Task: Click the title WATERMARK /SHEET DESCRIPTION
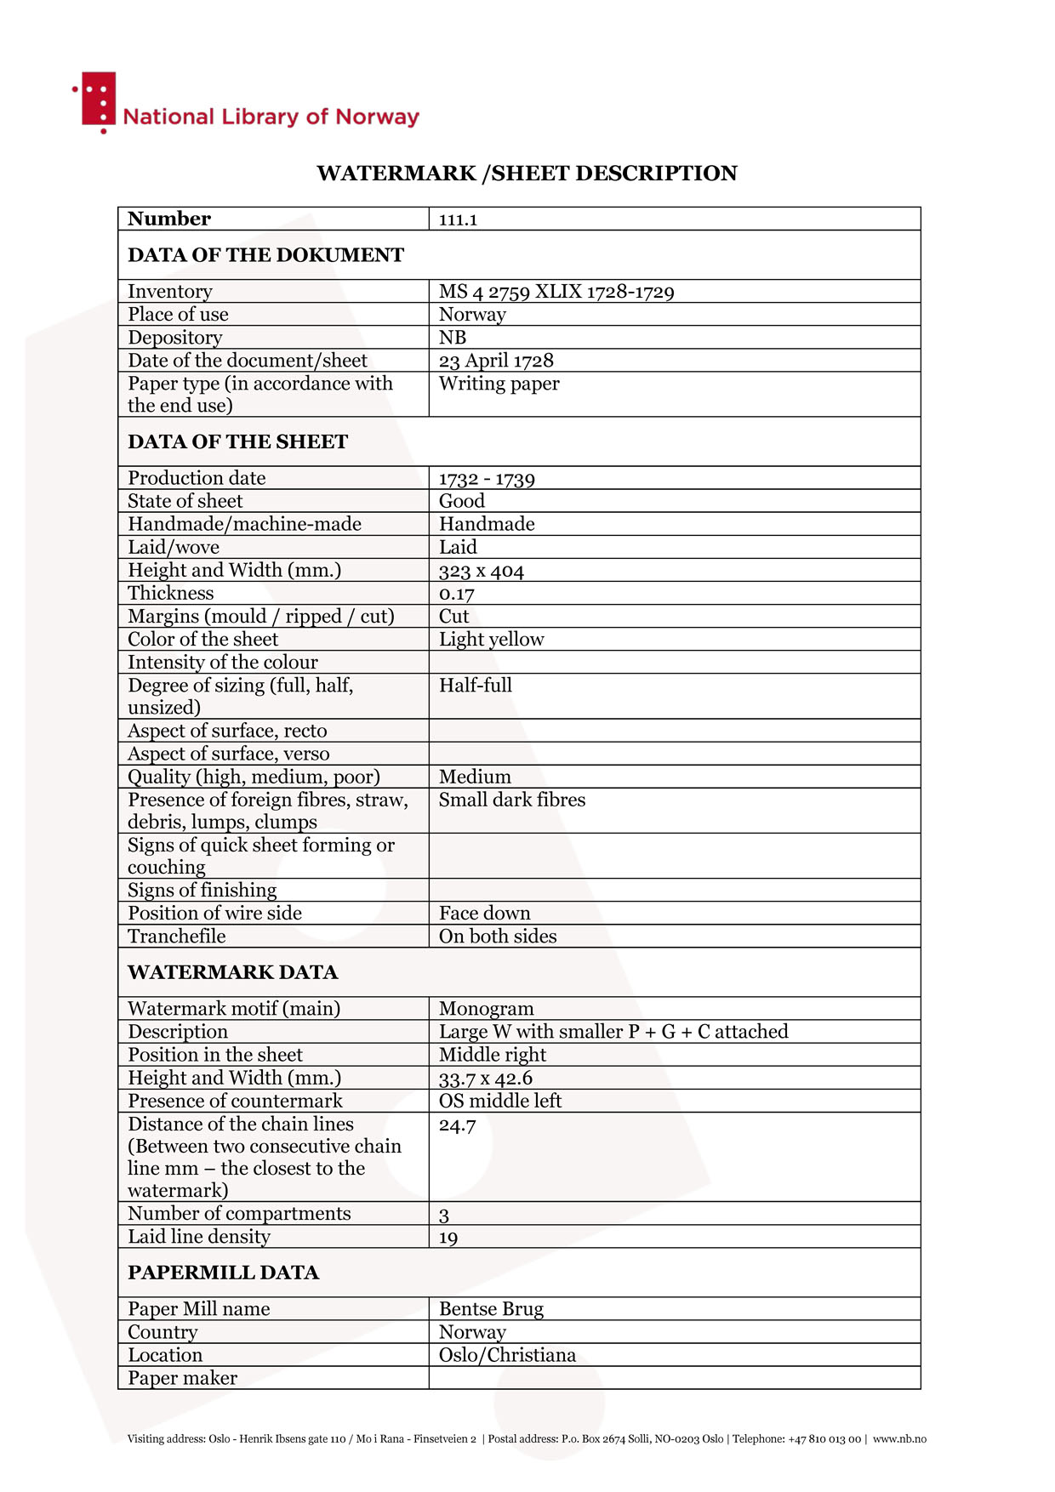[527, 174]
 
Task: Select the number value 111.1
[458, 219]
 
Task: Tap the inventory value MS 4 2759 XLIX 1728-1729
[556, 292]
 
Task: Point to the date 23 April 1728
[496, 361]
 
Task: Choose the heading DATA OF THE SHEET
[237, 441]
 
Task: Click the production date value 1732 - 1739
[487, 478]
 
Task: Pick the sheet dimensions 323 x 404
[481, 571]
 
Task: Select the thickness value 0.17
[456, 594]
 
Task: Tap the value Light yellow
[491, 640]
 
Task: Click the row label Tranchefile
[177, 937]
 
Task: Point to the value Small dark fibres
[511, 800]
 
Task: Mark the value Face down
[484, 914]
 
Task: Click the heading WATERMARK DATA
[232, 972]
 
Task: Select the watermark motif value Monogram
[486, 1009]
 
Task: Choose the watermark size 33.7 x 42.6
[485, 1079]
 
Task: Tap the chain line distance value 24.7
[457, 1125]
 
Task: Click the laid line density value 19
[448, 1238]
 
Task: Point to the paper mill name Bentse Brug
[491, 1309]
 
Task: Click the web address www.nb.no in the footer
[899, 1439]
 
